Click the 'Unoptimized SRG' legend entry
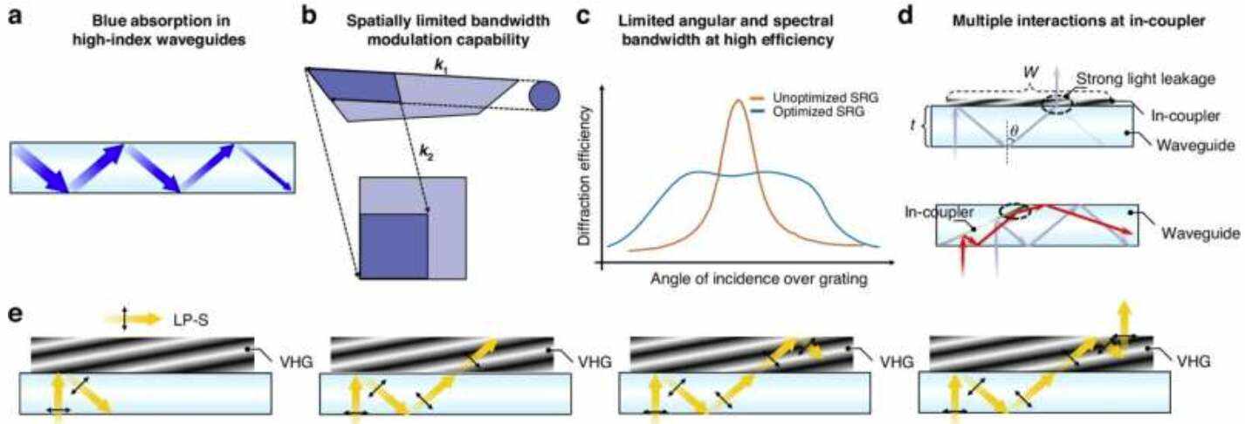(825, 98)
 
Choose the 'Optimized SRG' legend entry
(818, 112)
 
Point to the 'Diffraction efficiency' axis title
(584, 176)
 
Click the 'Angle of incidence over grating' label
(759, 278)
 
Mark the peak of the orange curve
(738, 100)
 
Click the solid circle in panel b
(544, 97)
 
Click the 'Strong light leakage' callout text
(1145, 79)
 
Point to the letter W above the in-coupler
(1031, 72)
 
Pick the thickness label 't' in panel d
(912, 126)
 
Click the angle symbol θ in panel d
(1015, 132)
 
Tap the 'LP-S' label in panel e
(190, 319)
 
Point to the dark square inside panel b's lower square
(394, 245)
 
